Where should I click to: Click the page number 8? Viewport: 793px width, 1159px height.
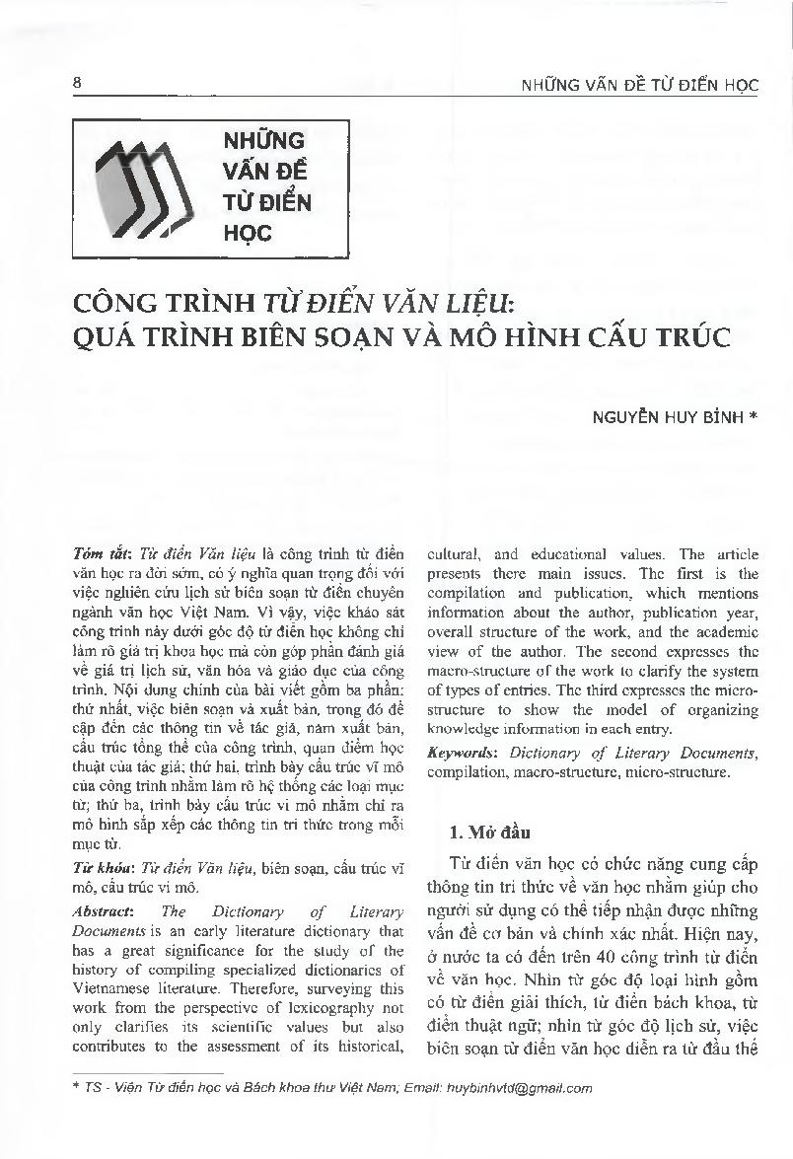click(x=77, y=83)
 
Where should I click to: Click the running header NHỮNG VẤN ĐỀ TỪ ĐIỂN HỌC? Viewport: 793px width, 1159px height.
click(x=639, y=85)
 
